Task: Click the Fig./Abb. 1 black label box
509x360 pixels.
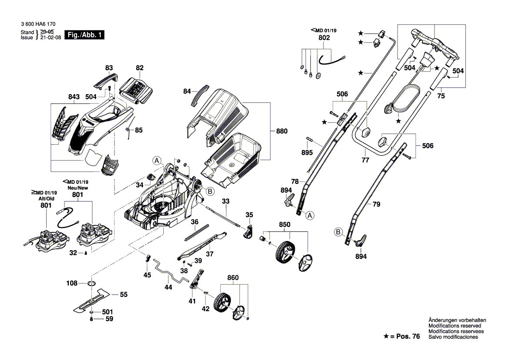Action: [x=84, y=35]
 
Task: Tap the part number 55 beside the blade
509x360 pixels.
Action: [x=124, y=295]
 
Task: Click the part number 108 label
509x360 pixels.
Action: [x=72, y=283]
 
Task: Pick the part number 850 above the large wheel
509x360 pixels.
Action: [x=284, y=225]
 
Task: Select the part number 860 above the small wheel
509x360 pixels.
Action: [x=233, y=278]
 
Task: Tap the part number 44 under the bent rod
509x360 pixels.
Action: [x=168, y=287]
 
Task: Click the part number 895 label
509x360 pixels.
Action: [x=307, y=153]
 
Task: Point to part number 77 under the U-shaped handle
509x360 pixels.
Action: [x=365, y=160]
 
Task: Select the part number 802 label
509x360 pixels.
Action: [x=324, y=38]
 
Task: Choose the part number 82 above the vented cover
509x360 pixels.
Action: [x=139, y=68]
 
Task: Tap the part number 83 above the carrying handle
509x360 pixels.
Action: [x=109, y=68]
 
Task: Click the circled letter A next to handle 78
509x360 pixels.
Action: [x=310, y=215]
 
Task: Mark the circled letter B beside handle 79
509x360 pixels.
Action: [x=338, y=231]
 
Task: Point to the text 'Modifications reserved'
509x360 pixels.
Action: [x=455, y=326]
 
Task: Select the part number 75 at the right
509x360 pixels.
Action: [x=441, y=97]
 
